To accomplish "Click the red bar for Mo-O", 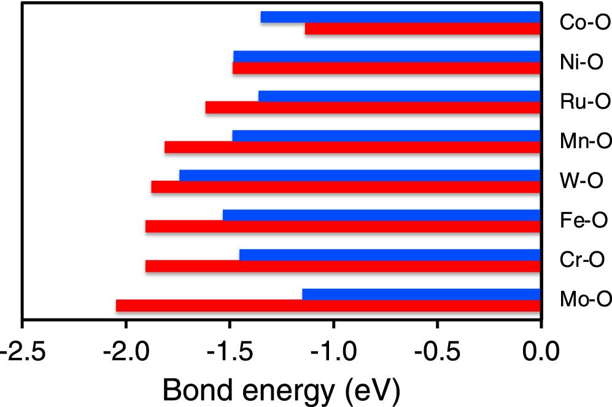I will click(328, 306).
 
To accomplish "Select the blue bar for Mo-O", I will click(421, 294).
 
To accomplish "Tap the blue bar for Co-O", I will click(400, 17).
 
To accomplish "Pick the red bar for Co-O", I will click(422, 29).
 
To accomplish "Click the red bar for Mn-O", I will click(352, 148).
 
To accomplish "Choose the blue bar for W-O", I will click(360, 176).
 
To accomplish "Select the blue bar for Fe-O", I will click(381, 215).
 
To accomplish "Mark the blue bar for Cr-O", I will click(390, 255).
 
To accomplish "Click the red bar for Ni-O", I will click(386, 68).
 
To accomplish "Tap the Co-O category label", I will click(585, 23).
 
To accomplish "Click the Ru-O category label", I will click(585, 102).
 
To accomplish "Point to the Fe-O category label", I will click(584, 221).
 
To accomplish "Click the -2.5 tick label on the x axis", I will click(21, 354).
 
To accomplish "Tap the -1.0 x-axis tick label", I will click(333, 354).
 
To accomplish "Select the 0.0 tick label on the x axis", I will click(540, 354).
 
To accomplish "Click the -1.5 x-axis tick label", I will click(229, 354).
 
